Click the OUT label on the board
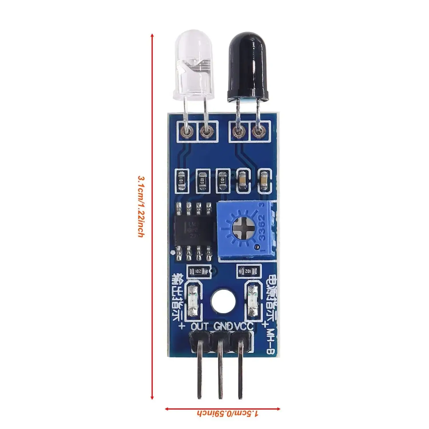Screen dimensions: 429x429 pyautogui.click(x=200, y=326)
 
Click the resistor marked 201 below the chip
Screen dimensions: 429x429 pyautogui.click(x=197, y=271)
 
